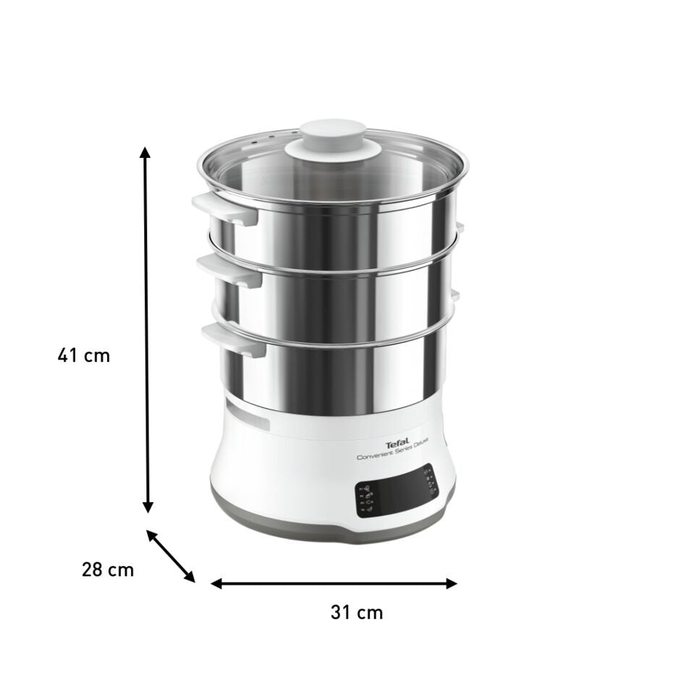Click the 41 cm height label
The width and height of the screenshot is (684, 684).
(84, 355)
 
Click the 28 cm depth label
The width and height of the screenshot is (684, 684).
(107, 569)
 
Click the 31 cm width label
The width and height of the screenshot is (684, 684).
(356, 612)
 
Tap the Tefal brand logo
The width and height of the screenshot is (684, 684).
(393, 443)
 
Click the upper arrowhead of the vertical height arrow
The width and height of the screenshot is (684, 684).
(145, 153)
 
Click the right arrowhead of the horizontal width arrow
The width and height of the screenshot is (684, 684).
(452, 583)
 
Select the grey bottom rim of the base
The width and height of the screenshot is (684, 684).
(333, 532)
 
